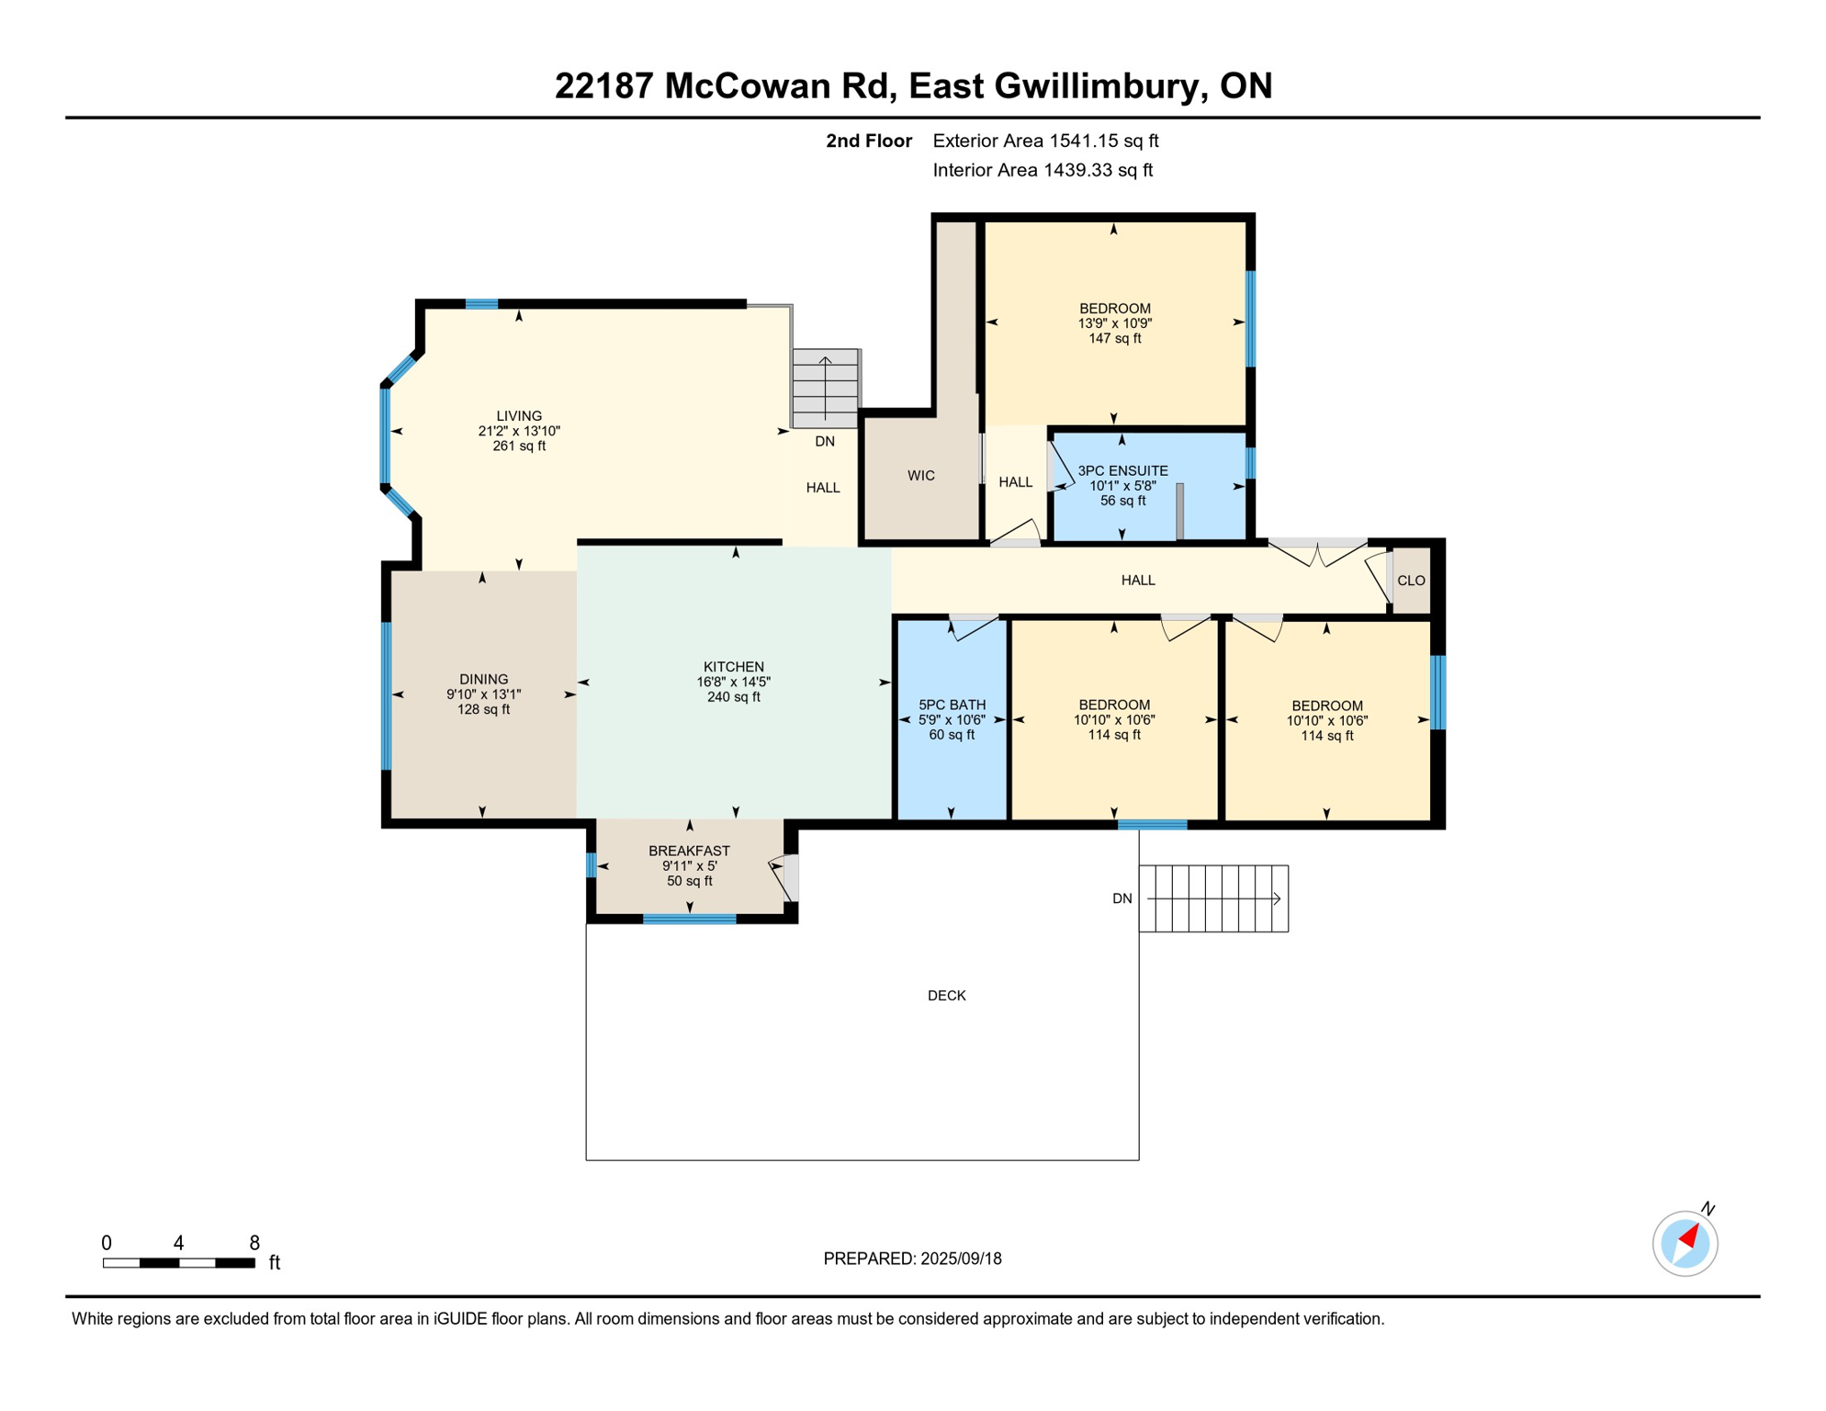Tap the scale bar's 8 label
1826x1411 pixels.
(254, 1243)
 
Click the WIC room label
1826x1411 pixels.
(920, 476)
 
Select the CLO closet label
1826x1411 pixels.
(1410, 581)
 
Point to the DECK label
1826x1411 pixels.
(946, 996)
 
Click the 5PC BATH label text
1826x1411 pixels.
(952, 705)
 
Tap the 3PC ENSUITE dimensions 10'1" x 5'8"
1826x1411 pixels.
(1122, 486)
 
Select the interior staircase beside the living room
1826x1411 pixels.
(825, 388)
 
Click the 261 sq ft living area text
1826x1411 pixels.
(519, 446)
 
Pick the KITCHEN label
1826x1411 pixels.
(733, 667)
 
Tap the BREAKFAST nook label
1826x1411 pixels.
(689, 852)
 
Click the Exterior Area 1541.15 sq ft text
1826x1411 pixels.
(1045, 141)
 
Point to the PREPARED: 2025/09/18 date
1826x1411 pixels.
(912, 1259)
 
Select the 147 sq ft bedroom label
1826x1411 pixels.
(1114, 339)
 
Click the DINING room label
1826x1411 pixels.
(483, 680)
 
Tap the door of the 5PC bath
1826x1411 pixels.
(975, 627)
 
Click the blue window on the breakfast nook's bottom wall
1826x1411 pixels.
(689, 919)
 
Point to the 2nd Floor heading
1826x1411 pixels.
(868, 141)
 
